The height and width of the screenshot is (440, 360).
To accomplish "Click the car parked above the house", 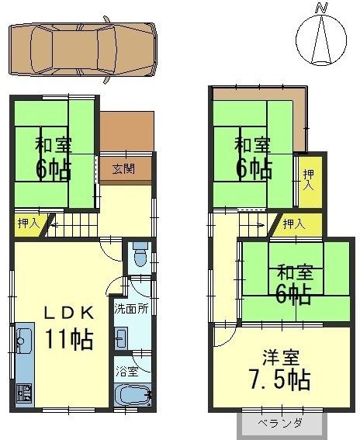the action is (x=82, y=50).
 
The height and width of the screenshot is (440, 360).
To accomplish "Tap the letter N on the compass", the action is (x=321, y=9).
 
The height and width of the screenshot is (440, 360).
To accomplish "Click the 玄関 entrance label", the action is (x=123, y=169).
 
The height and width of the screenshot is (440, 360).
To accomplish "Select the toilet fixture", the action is (x=140, y=254).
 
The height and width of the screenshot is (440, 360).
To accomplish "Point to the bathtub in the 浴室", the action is (x=133, y=395).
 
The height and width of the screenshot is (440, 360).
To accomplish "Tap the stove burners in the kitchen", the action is (x=24, y=393).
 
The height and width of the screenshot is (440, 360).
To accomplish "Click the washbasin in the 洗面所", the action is (x=121, y=338).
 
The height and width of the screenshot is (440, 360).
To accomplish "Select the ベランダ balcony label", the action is (x=280, y=423).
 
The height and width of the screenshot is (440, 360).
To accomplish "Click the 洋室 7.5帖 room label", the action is (x=280, y=370).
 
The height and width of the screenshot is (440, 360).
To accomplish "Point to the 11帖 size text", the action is (x=69, y=339).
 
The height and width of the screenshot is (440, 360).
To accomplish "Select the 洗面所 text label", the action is (x=131, y=309).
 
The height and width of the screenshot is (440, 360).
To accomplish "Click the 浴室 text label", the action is (x=127, y=372).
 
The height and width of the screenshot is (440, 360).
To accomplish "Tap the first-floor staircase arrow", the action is (x=56, y=225).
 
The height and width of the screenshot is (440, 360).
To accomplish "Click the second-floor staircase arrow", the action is (x=261, y=225).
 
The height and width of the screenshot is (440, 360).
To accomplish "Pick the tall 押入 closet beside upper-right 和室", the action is (x=310, y=182).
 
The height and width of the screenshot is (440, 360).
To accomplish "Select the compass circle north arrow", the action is (x=321, y=40).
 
